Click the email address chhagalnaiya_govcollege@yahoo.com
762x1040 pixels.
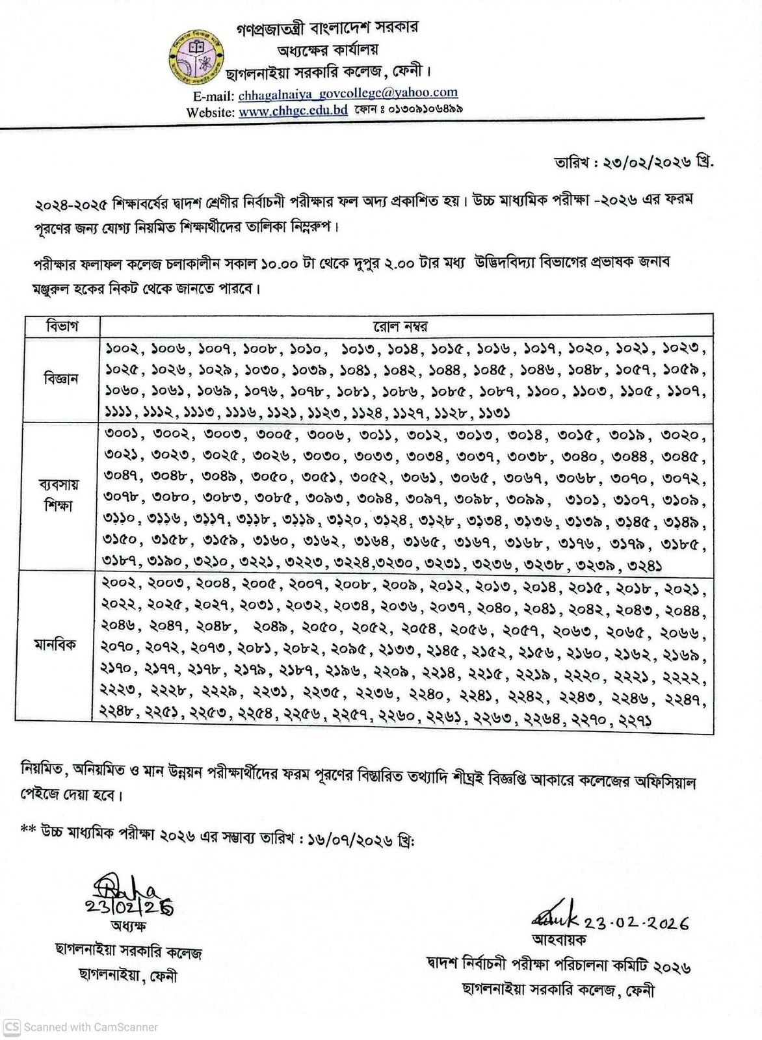point(348,94)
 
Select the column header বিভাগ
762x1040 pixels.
point(62,326)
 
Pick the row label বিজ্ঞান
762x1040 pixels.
point(62,379)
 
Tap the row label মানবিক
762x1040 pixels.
point(57,645)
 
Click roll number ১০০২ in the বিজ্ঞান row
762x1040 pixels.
point(120,349)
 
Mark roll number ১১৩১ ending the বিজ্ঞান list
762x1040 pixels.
point(493,413)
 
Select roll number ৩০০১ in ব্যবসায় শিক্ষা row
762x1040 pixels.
point(122,435)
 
